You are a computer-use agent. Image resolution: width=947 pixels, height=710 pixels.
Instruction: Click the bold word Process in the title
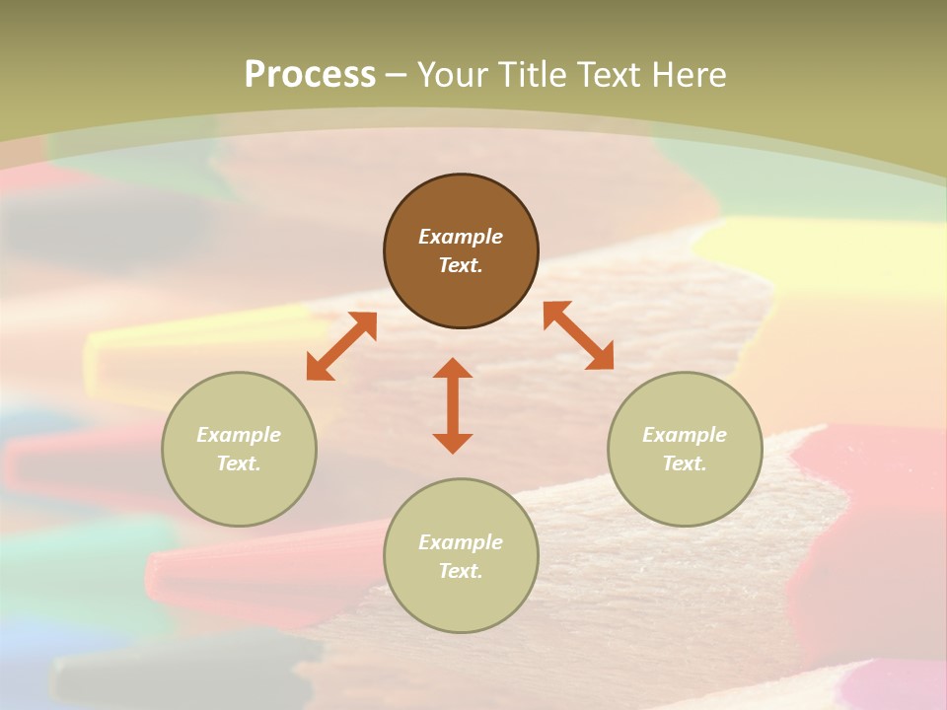coord(310,75)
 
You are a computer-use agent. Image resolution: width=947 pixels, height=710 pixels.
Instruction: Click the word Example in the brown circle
coord(461,237)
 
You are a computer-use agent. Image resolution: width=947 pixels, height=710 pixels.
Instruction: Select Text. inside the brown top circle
coord(461,265)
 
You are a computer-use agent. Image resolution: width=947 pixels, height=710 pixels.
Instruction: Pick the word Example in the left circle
coord(239,435)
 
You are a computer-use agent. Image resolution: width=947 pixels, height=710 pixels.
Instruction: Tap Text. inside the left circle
coord(239,463)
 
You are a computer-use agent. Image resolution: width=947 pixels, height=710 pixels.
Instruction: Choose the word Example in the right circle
coord(685,435)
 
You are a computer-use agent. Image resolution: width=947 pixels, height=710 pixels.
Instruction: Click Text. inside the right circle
coord(685,463)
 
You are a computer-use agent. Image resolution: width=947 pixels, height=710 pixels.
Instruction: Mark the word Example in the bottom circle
coord(461,542)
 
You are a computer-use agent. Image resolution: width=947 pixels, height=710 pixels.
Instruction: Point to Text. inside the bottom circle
coord(461,571)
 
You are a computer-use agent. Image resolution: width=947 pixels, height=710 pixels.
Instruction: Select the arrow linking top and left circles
coord(341,346)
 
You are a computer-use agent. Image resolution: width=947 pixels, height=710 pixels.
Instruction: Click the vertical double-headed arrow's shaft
coord(453,405)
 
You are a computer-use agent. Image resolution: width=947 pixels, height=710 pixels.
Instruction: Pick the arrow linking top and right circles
coord(579,335)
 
